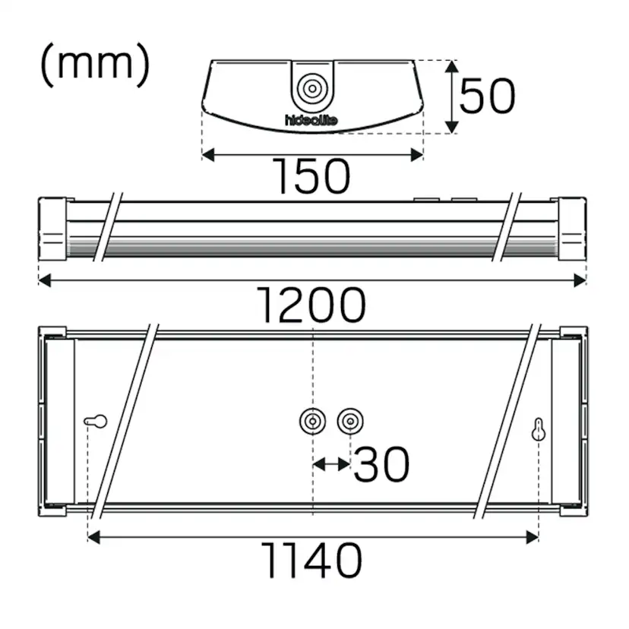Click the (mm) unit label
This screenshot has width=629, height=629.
coord(95,65)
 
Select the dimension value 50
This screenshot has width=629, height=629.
coord(488,96)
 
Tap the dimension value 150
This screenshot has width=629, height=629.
coord(312,176)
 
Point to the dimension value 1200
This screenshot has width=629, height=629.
coord(311,306)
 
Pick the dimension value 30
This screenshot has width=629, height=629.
coord(381,464)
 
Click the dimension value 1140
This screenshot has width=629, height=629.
coord(311,561)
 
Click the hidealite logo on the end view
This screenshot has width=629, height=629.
coord(311,120)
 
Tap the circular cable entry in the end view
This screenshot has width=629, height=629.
coord(311,88)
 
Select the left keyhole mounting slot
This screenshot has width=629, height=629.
coord(95,421)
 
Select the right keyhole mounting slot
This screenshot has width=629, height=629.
coord(538,430)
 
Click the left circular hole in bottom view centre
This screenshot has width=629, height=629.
coord(312,420)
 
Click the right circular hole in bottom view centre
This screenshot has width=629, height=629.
coord(349,420)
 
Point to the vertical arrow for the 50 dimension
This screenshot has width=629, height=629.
coord(453,96)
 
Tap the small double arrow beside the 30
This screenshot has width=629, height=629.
coord(331,463)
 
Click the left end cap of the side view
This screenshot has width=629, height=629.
coord(53,229)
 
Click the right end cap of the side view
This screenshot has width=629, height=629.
coord(572,229)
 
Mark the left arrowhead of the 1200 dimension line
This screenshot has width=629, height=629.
coord(44,280)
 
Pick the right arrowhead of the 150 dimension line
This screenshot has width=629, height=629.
coord(417,155)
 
